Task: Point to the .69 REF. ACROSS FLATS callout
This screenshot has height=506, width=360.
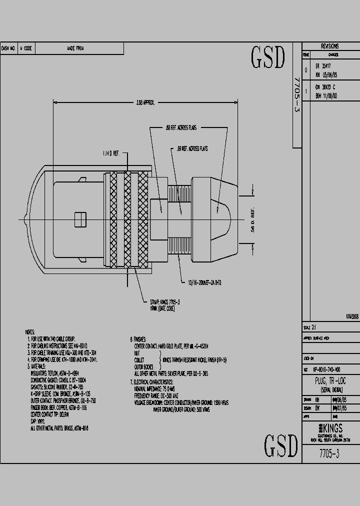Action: tap(192, 148)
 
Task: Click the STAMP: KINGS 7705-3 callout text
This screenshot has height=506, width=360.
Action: tap(164, 302)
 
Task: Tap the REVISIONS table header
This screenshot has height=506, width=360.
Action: tap(330, 45)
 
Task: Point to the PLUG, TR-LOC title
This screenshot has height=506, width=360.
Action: tap(330, 381)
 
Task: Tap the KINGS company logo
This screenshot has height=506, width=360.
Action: tap(330, 428)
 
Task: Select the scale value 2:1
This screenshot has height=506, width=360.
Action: tap(314, 328)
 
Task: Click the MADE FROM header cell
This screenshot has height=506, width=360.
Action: tap(75, 48)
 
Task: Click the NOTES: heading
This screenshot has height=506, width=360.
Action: tap(31, 331)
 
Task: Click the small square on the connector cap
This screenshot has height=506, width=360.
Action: tap(77, 219)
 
